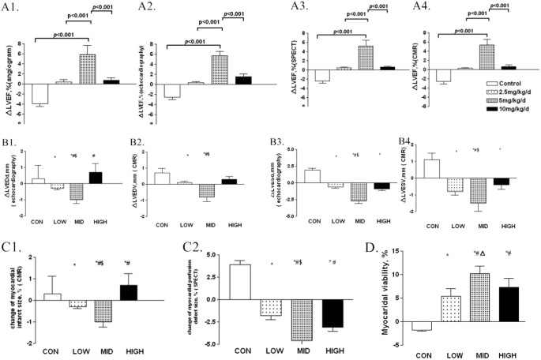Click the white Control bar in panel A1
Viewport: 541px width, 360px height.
(x=39, y=93)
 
